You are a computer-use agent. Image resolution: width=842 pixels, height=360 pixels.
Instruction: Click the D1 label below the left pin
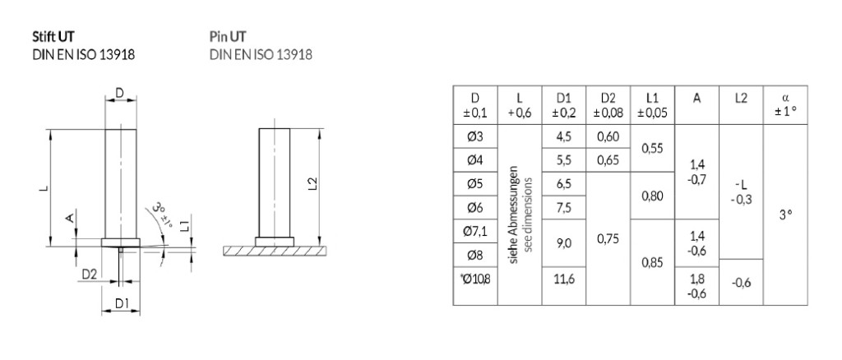(120, 303)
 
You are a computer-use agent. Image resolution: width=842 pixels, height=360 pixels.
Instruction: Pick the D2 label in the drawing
(90, 273)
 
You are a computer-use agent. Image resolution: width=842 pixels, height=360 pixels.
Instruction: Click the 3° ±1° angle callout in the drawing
(163, 216)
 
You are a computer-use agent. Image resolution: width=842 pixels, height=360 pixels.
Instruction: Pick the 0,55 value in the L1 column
(651, 149)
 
